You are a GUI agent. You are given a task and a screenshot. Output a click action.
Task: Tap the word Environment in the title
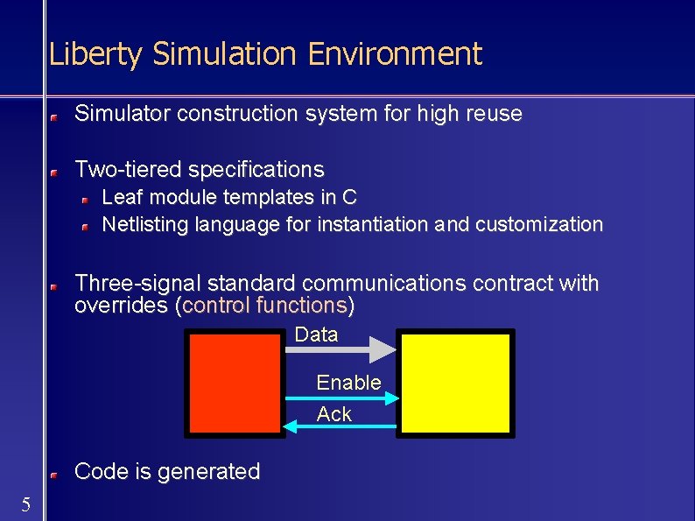(x=394, y=54)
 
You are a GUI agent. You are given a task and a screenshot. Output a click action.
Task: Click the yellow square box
(x=455, y=383)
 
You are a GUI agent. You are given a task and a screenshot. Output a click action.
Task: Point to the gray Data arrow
(x=341, y=349)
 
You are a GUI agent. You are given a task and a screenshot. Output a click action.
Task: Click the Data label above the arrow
(x=316, y=334)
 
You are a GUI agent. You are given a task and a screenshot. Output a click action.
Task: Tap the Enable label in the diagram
(x=348, y=383)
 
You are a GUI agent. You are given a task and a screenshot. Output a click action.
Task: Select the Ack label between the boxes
(x=333, y=414)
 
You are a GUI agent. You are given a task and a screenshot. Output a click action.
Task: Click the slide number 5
(x=26, y=503)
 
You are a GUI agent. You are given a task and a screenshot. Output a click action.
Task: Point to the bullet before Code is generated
(x=54, y=474)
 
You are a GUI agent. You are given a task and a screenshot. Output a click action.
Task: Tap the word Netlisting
(x=145, y=224)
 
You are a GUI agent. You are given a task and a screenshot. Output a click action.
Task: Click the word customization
(x=539, y=224)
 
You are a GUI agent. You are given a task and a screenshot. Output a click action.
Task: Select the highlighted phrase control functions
(x=264, y=306)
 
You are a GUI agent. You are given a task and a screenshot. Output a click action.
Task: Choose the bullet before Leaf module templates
(x=86, y=200)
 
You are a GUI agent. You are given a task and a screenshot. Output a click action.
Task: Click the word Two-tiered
(x=128, y=169)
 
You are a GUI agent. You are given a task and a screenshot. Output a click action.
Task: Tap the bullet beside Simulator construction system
(x=54, y=116)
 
